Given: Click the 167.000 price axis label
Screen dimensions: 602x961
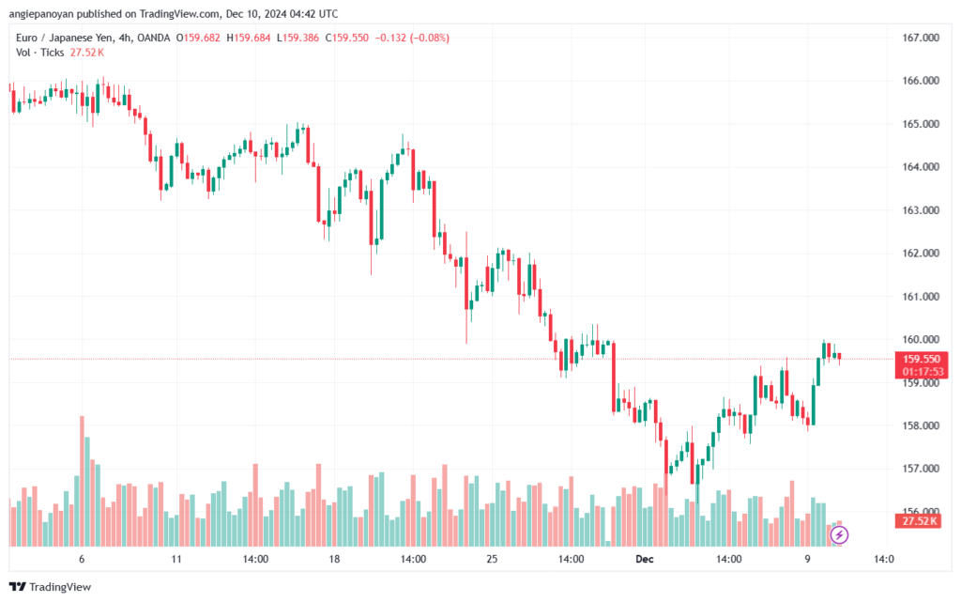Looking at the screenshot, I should [x=920, y=38].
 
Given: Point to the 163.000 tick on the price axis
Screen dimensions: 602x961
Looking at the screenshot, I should [x=920, y=210].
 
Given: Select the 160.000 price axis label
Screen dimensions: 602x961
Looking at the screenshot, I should [x=920, y=340].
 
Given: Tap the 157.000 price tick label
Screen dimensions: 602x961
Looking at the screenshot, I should [x=920, y=469].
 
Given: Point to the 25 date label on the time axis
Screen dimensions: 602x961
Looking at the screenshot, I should [x=491, y=558].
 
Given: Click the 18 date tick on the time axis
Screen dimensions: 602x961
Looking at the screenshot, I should [x=333, y=558].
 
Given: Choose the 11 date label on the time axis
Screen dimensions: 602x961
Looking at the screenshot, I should [x=176, y=558].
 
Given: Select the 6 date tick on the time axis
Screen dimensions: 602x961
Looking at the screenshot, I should [x=83, y=558].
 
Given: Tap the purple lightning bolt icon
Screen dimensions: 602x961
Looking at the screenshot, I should [x=840, y=535].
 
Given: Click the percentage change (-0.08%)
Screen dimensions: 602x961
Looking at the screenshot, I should [x=428, y=38].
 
